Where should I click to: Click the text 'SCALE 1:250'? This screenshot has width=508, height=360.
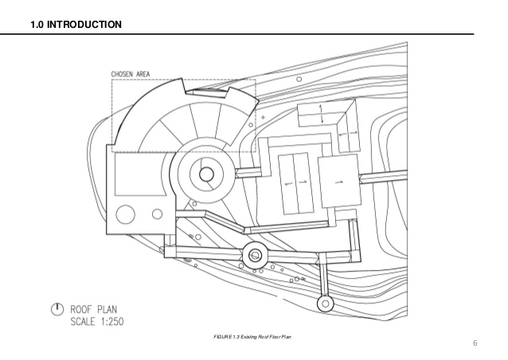click(x=102, y=322)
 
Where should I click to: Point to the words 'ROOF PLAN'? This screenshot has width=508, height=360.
click(x=100, y=309)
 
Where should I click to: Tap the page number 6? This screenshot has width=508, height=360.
click(x=475, y=344)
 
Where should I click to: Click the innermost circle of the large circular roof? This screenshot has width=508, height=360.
click(x=206, y=174)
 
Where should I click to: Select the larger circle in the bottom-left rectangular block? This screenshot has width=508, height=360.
click(x=126, y=214)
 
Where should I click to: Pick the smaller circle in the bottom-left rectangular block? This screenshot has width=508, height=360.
click(x=157, y=213)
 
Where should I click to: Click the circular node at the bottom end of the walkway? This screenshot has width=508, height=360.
click(x=324, y=303)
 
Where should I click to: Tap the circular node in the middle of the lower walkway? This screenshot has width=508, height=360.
click(x=256, y=256)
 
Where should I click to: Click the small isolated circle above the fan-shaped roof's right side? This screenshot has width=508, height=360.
click(x=297, y=80)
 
